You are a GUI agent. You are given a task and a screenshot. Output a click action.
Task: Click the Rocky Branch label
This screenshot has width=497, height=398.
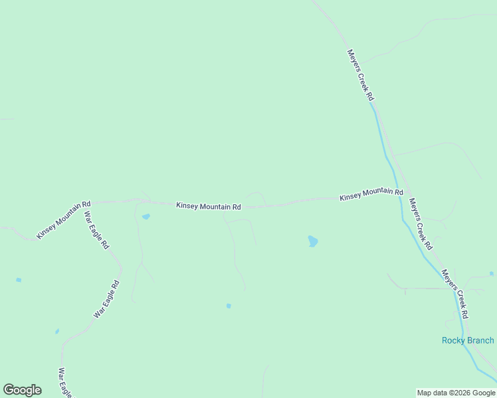[x=468, y=340]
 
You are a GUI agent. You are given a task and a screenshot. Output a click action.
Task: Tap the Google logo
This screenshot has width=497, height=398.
[x=22, y=390]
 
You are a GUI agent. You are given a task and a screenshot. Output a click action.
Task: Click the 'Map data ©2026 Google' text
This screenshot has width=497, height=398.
[x=456, y=393]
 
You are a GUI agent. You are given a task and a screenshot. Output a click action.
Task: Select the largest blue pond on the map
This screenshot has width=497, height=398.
[x=312, y=241]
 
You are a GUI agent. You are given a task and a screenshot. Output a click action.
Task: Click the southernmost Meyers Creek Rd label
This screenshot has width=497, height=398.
[x=455, y=293]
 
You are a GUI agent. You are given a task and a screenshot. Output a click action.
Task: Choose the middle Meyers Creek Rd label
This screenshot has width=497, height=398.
[x=421, y=224]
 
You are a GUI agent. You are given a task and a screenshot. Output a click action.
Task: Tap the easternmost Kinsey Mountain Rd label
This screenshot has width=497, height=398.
[x=371, y=195]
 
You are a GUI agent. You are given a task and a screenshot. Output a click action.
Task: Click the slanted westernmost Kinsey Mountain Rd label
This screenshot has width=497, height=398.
[x=64, y=220]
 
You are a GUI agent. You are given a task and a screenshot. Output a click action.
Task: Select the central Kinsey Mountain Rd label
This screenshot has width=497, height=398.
[x=208, y=206]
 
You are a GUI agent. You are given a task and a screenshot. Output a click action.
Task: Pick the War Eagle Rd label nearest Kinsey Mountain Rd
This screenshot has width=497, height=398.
[x=96, y=230]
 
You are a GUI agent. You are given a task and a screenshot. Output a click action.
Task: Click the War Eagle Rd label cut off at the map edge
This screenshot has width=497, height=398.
[x=64, y=383]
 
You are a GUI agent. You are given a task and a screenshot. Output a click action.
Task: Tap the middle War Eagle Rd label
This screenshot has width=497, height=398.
[x=106, y=299]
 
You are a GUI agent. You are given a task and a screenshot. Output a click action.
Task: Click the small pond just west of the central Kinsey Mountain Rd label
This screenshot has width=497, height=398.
[x=146, y=216]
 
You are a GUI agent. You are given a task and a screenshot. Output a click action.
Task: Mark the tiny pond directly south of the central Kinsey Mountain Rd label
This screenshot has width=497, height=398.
[x=229, y=306]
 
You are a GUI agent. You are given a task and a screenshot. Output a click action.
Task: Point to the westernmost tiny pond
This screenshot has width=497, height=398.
[x=19, y=280]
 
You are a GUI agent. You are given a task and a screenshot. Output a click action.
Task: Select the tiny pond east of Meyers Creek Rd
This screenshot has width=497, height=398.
[x=492, y=273]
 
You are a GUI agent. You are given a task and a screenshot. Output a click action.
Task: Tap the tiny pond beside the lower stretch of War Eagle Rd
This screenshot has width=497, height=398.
[x=57, y=331]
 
